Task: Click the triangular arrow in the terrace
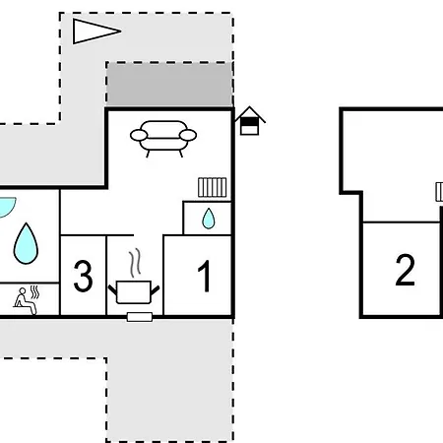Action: (x=95, y=32)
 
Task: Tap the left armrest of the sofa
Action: (x=139, y=135)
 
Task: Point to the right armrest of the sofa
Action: (x=188, y=135)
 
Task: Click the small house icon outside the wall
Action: (x=250, y=121)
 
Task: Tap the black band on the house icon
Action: (x=250, y=122)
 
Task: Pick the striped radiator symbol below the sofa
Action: (x=213, y=187)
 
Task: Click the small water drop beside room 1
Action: (x=209, y=219)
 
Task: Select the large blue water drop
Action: (x=26, y=244)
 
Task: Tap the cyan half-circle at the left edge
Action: (x=6, y=207)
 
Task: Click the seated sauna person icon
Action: (x=25, y=301)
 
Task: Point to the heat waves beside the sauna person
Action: (x=34, y=292)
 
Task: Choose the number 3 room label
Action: (x=83, y=276)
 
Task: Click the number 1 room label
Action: (x=204, y=276)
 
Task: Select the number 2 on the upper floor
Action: (x=406, y=270)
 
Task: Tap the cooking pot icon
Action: (x=134, y=292)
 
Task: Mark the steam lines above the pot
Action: (x=135, y=263)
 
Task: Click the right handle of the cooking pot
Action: (x=155, y=290)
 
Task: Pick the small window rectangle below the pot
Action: (x=140, y=317)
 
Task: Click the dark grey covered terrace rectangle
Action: (x=169, y=85)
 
